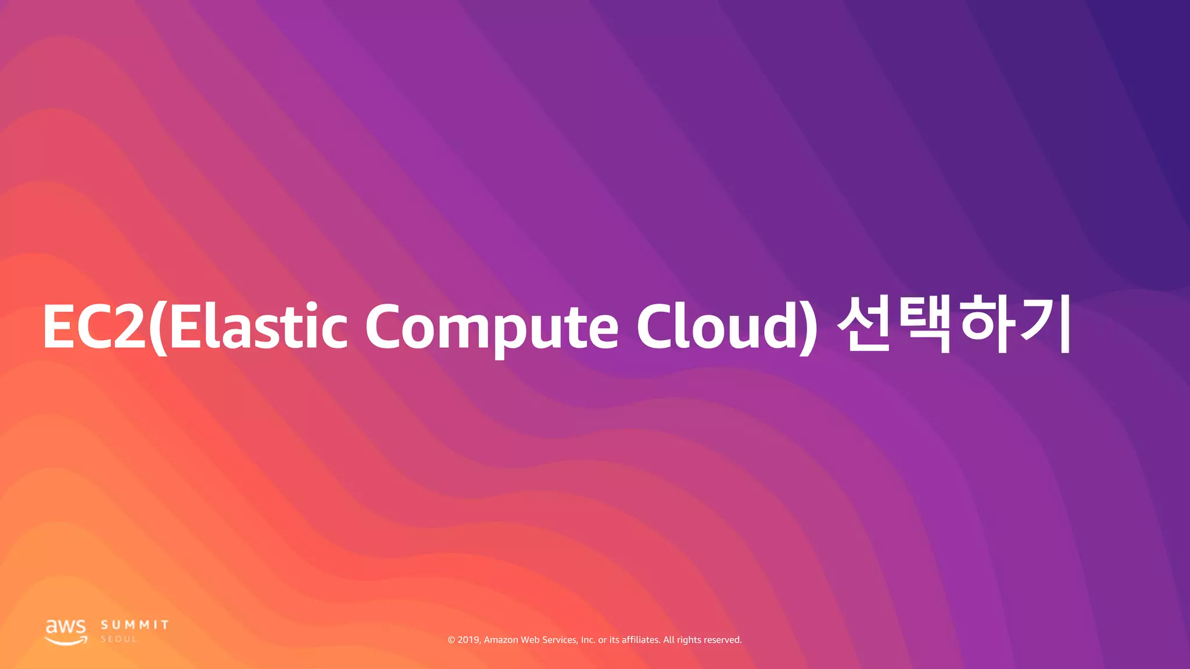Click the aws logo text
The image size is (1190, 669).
tap(66, 627)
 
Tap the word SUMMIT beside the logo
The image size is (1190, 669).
tap(135, 625)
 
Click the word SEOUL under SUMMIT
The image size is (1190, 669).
tap(119, 639)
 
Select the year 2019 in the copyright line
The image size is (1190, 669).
tap(468, 640)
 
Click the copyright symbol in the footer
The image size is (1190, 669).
tap(451, 640)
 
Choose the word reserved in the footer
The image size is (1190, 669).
tap(722, 640)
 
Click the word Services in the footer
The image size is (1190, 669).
tap(560, 640)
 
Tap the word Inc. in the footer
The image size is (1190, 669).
tap(588, 640)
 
